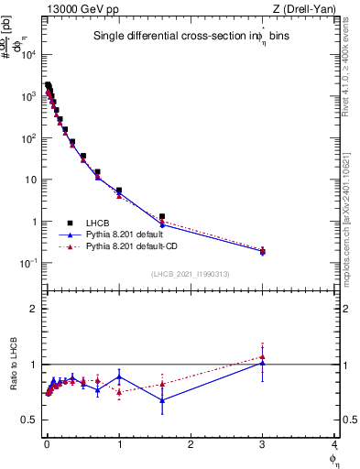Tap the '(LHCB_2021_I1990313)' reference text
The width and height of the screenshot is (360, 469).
click(x=191, y=275)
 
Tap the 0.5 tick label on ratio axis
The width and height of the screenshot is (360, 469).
click(x=29, y=420)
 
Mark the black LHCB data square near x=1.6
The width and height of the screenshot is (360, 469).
click(x=162, y=217)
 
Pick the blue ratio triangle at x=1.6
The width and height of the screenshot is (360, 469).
click(x=162, y=399)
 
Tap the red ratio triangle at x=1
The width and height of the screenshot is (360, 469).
click(x=119, y=392)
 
